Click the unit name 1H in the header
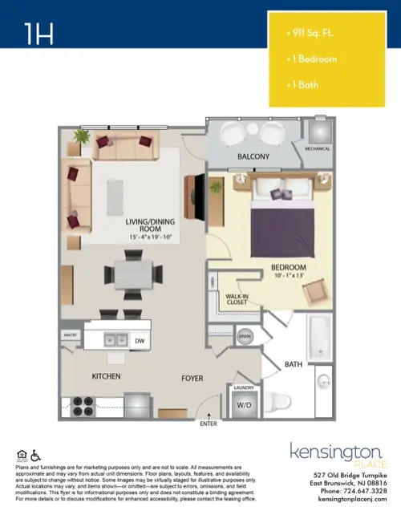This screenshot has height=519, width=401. [39, 33]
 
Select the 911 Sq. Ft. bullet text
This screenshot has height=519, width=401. [310, 36]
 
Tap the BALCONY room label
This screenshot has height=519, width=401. [253, 156]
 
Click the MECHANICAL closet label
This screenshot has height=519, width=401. [312, 148]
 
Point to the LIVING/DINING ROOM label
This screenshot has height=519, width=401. [145, 225]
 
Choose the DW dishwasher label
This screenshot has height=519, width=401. [139, 341]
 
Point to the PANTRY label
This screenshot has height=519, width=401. [70, 337]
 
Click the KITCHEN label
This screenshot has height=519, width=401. [106, 375]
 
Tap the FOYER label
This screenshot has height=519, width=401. [192, 377]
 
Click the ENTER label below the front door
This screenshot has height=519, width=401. [209, 424]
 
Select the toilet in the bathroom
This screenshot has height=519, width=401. [277, 401]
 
